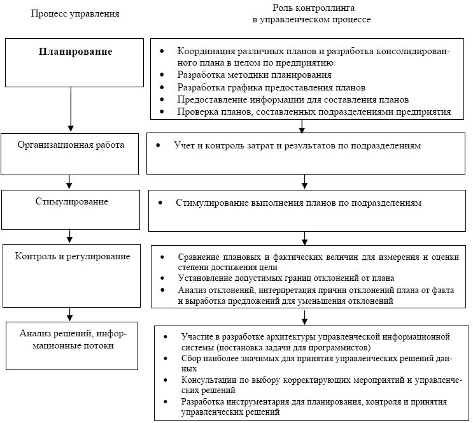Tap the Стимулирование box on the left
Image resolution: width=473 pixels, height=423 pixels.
(x=71, y=209)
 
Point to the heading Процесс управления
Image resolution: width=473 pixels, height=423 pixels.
(x=75, y=13)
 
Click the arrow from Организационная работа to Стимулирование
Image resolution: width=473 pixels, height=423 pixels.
(x=70, y=181)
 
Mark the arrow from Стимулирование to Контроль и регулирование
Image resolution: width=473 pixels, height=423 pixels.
(x=70, y=236)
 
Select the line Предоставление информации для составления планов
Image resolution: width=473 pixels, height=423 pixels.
(x=293, y=99)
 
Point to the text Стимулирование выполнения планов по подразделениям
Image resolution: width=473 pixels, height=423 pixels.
(x=299, y=203)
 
